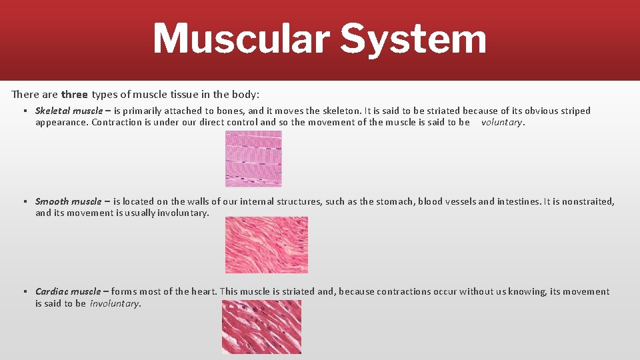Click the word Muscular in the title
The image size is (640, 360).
coord(241,39)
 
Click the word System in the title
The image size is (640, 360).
coord(413,39)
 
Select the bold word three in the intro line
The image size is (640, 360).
coord(75,94)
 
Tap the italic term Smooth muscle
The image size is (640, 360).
coord(68,201)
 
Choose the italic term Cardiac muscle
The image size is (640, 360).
coord(68,291)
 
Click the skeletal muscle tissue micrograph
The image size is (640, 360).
coord(253,159)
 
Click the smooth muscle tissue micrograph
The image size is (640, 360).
coord(266,245)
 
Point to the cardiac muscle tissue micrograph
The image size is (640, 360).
coord(261,327)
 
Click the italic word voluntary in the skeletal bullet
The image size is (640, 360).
coord(502,122)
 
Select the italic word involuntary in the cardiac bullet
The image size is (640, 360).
coord(114,303)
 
